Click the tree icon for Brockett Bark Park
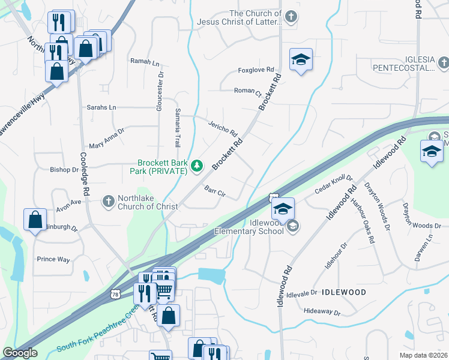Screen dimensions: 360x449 197,166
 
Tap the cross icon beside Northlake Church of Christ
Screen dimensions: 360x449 109,200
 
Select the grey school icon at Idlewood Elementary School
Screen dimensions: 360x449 292,226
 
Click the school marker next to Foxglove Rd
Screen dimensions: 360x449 301,59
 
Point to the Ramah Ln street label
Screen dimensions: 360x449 145,62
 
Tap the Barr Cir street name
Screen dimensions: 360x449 214,191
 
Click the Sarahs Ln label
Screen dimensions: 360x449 101,107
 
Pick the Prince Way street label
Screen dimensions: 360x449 53,259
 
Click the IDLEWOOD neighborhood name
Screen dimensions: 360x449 344,292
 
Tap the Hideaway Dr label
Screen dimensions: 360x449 322,313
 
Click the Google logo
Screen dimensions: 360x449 19,353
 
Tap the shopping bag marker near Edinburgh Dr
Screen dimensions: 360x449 35,220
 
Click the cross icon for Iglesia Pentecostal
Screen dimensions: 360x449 442,62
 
